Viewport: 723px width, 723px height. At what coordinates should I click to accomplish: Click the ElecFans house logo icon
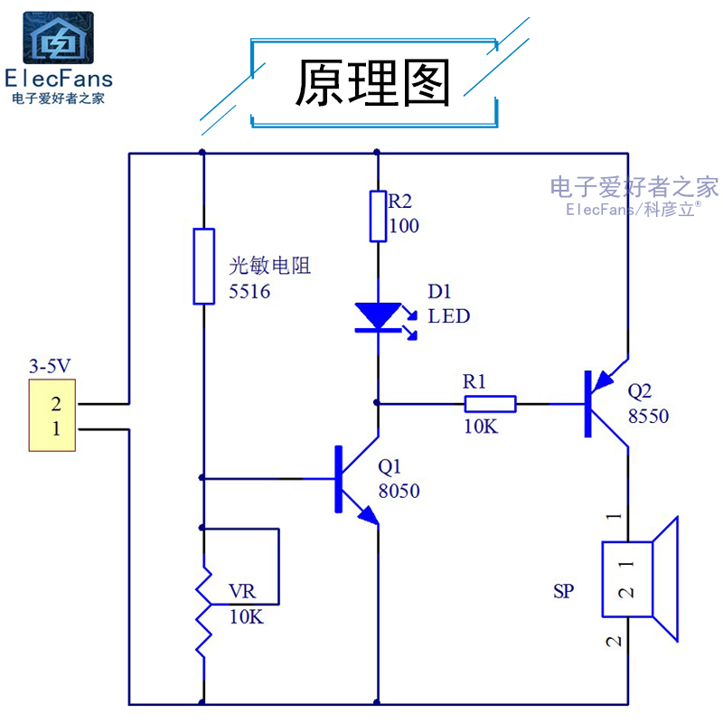pyautogui.click(x=58, y=38)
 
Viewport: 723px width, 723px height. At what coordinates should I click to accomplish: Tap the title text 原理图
pyautogui.click(x=372, y=82)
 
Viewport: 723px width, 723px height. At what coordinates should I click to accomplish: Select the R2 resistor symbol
pyautogui.click(x=378, y=216)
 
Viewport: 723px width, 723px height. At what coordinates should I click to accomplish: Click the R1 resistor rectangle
pyautogui.click(x=490, y=404)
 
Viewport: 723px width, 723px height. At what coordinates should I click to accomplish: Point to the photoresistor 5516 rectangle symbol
pyautogui.click(x=204, y=267)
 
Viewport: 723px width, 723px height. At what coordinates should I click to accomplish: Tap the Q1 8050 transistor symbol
pyautogui.click(x=356, y=479)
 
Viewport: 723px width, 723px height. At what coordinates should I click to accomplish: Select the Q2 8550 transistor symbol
pyautogui.click(x=606, y=404)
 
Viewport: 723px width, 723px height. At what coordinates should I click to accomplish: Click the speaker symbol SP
pyautogui.click(x=640, y=579)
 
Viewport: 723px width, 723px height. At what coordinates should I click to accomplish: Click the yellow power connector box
pyautogui.click(x=52, y=415)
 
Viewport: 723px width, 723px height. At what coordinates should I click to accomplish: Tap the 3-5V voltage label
pyautogui.click(x=50, y=366)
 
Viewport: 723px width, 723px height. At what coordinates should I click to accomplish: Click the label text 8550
pyautogui.click(x=648, y=416)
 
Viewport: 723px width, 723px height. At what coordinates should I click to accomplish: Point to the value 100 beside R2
pyautogui.click(x=404, y=226)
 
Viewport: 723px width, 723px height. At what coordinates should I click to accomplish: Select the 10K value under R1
pyautogui.click(x=481, y=427)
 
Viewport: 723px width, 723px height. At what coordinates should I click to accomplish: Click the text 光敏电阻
pyautogui.click(x=269, y=266)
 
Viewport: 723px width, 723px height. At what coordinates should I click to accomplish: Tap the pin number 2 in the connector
pyautogui.click(x=56, y=404)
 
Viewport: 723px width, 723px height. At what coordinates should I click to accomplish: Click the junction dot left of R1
pyautogui.click(x=377, y=402)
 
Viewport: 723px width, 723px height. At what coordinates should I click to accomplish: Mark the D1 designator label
pyautogui.click(x=439, y=291)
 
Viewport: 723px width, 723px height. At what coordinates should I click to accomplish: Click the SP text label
pyautogui.click(x=563, y=591)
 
